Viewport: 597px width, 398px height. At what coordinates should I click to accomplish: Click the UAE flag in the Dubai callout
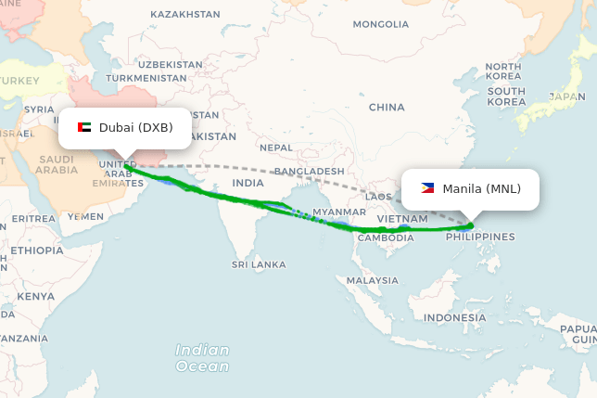(83, 127)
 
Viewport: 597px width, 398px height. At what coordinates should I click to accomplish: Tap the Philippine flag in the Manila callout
(427, 188)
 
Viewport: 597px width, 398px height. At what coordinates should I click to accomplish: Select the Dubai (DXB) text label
(135, 127)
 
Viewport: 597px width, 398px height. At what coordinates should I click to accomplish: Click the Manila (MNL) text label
(481, 189)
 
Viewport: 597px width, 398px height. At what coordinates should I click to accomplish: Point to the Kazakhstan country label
(185, 15)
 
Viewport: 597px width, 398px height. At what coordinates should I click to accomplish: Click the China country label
(387, 108)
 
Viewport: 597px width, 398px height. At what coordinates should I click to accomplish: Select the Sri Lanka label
(259, 264)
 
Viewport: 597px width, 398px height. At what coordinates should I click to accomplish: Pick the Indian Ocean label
(202, 357)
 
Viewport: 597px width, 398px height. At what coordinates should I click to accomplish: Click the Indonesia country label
(454, 317)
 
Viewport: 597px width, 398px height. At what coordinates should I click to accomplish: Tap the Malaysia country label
(373, 280)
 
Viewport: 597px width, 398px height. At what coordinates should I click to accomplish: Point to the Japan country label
(566, 96)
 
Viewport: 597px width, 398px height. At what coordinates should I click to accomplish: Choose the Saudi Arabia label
(57, 164)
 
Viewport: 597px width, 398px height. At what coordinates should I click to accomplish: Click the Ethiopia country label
(37, 250)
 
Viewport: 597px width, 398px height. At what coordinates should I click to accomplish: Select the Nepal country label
(276, 148)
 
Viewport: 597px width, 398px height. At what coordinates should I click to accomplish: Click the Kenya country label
(35, 296)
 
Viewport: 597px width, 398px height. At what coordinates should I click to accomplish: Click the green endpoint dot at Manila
(471, 225)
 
